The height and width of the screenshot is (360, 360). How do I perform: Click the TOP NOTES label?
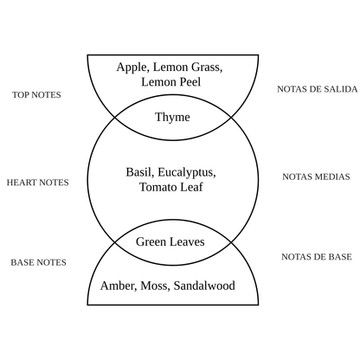click(37, 94)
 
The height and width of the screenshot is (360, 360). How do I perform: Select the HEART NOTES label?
click(37, 183)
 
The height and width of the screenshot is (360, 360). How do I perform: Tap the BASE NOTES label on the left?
click(38, 261)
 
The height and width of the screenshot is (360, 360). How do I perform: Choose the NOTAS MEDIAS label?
click(316, 177)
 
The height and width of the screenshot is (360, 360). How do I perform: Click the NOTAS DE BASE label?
click(316, 257)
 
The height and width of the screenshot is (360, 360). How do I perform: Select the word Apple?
click(132, 67)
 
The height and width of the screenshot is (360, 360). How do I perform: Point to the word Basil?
click(140, 171)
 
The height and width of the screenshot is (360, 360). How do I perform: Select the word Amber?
click(119, 285)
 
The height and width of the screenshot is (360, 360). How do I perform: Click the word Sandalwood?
click(206, 285)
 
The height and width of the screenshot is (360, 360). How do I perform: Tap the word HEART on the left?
click(22, 183)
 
